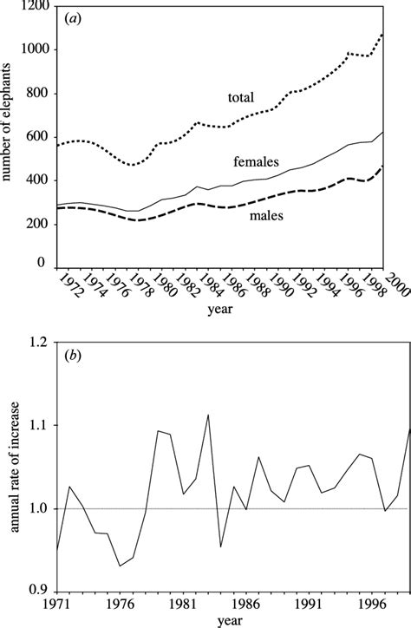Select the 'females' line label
pyautogui.click(x=255, y=162)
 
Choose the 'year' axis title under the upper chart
pyautogui.click(x=225, y=331)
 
